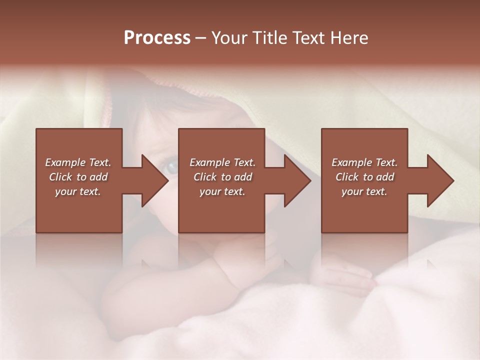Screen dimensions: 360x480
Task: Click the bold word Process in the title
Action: (157, 38)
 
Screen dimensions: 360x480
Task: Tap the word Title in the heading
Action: (268, 38)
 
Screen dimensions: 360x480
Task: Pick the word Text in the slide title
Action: (309, 38)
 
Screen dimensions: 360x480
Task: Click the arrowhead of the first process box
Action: (154, 180)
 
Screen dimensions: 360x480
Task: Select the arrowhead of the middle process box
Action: (297, 180)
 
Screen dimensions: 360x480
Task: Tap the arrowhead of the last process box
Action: (440, 180)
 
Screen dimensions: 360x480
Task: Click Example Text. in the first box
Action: (78, 162)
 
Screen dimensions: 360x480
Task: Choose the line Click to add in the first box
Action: (78, 177)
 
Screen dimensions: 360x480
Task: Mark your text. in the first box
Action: (78, 191)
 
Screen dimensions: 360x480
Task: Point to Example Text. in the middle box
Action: (222, 162)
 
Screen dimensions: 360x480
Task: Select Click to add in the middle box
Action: (222, 177)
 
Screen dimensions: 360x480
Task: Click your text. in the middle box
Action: (222, 191)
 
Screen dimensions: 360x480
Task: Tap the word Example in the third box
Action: (351, 162)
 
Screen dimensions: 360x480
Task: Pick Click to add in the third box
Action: (364, 177)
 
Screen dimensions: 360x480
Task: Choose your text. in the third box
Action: (364, 191)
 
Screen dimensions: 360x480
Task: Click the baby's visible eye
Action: (171, 167)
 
